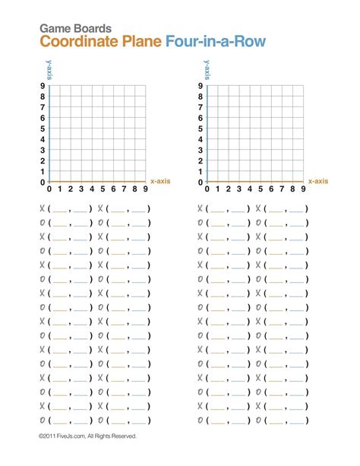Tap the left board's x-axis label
click(161, 181)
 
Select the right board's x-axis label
click(318, 181)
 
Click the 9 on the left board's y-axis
click(43, 87)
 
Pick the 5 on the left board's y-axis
click(43, 129)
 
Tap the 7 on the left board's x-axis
click(124, 189)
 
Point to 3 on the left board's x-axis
click(81, 189)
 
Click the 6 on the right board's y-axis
click(200, 119)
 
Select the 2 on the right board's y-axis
click(200, 161)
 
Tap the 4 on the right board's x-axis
click(248, 189)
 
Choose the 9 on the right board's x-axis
click(302, 189)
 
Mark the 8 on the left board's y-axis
click(43, 97)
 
